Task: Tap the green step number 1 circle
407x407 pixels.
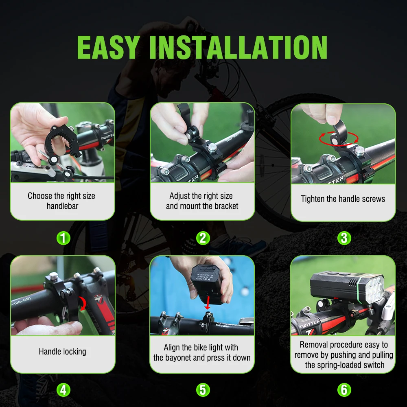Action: click(x=63, y=238)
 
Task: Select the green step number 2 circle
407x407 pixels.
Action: click(x=203, y=238)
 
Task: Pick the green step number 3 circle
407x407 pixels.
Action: click(x=344, y=238)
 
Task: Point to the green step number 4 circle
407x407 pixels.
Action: click(x=63, y=390)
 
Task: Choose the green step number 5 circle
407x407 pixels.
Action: click(x=203, y=390)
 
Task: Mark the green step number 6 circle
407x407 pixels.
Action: click(x=344, y=390)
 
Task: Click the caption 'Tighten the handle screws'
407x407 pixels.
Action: click(x=343, y=199)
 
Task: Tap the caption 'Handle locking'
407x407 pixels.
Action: click(x=63, y=352)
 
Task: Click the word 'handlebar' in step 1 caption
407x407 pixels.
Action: click(x=63, y=206)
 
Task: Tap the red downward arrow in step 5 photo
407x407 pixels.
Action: click(x=208, y=302)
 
